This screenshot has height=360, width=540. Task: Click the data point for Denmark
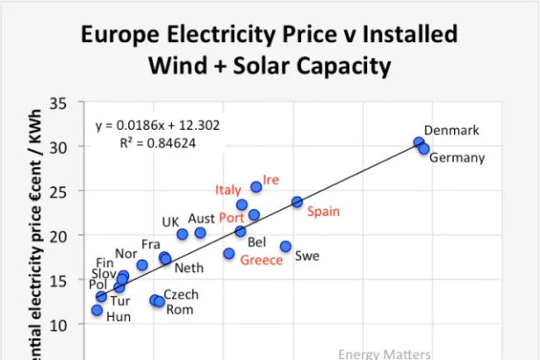[419, 142]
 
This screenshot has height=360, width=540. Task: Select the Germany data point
[423, 148]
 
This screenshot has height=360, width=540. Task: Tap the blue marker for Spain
[297, 202]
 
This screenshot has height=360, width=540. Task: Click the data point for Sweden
[285, 247]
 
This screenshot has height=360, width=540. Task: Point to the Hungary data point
[97, 310]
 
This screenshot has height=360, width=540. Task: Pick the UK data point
[183, 234]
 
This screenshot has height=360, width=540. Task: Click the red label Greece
[262, 261]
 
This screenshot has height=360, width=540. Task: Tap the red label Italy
[228, 191]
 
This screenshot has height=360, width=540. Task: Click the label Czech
[181, 295]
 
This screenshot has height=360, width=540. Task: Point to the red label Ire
[270, 180]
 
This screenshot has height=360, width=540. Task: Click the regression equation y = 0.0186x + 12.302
[157, 125]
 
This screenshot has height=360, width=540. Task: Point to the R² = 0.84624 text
[157, 140]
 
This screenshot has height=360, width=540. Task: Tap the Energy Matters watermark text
[385, 353]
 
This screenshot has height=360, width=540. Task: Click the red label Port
[232, 218]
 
